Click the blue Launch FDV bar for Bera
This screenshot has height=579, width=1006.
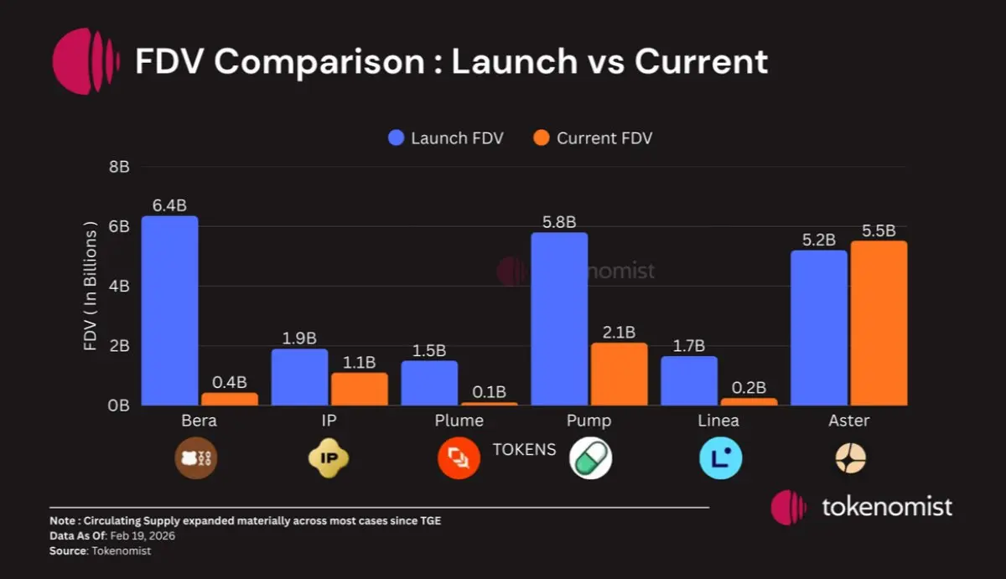(169, 311)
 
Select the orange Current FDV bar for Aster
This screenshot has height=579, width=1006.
(879, 323)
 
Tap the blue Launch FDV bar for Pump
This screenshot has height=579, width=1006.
(559, 319)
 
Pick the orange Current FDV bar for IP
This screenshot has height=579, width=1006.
(359, 389)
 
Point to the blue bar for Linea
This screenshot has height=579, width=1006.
(689, 380)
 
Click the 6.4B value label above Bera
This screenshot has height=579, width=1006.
(169, 205)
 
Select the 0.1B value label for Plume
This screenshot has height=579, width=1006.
(489, 391)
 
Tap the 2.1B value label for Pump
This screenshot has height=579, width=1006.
(619, 332)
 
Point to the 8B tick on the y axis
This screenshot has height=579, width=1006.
(118, 167)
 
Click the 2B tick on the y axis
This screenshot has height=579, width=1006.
(118, 346)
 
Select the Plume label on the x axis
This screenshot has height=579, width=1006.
(459, 421)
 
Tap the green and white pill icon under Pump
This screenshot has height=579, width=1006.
(590, 458)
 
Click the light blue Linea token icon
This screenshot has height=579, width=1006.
(721, 458)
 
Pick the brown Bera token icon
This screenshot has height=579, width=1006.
(195, 458)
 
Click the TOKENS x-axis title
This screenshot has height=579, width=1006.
(524, 450)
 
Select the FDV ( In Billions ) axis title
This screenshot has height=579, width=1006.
(91, 286)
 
